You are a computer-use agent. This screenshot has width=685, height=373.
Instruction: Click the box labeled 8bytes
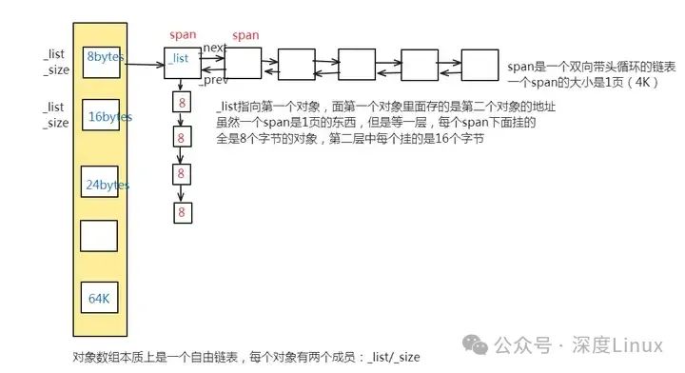[100, 57]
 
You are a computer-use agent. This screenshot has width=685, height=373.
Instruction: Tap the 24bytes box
[100, 185]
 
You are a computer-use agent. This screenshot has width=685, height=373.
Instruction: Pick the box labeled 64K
[100, 299]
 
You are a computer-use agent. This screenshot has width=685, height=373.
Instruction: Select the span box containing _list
[183, 62]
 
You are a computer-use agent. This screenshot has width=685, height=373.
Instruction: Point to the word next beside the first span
[214, 48]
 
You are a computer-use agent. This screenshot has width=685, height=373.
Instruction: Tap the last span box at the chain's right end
[477, 64]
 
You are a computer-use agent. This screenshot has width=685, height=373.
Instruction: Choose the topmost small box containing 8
[181, 102]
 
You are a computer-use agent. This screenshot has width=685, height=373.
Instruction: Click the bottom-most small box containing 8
[181, 212]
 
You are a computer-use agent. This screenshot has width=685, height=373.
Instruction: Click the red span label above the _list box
[183, 35]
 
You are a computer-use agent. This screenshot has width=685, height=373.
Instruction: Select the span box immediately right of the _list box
[243, 64]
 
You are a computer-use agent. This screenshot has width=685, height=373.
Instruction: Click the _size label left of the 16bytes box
[56, 123]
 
